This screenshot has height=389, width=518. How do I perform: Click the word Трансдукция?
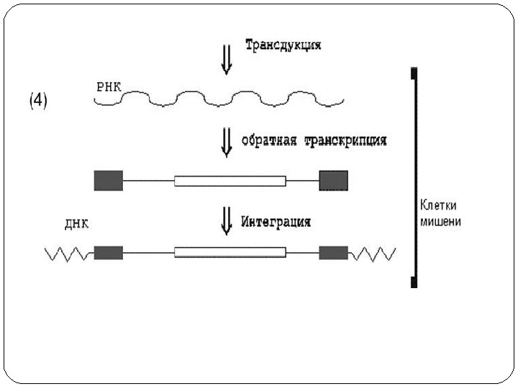283,45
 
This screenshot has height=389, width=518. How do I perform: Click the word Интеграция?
277,221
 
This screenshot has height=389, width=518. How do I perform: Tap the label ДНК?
76,223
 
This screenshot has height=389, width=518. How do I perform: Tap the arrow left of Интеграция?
227,220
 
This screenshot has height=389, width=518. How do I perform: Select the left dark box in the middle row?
109,180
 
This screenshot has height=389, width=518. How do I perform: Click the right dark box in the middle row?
333,180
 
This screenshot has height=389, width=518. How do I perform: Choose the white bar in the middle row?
230,180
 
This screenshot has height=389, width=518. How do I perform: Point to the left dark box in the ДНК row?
109,253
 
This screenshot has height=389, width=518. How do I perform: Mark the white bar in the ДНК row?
230,253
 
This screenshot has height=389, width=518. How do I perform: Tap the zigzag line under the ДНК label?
68,254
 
